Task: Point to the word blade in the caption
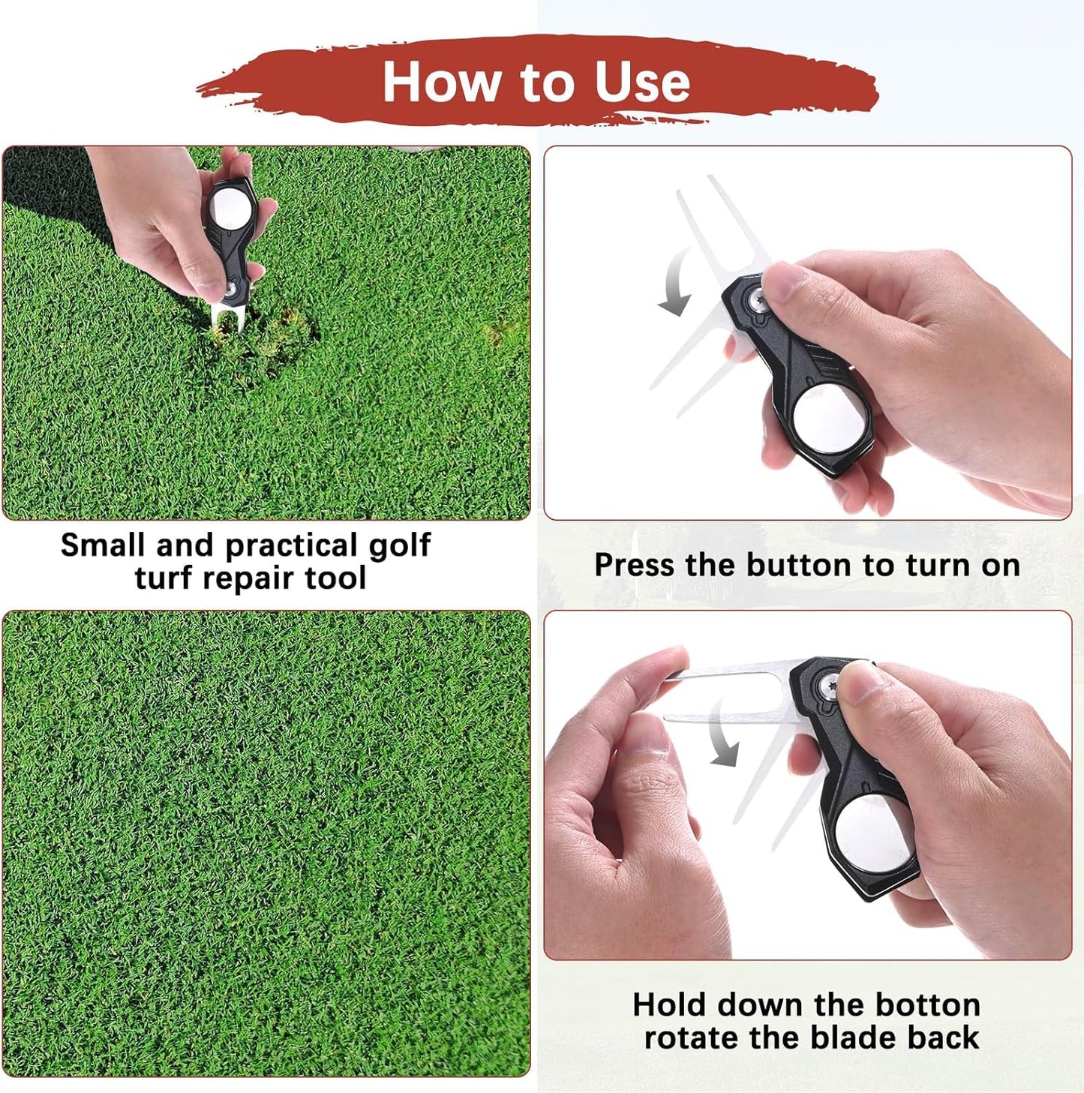pos(855,1037)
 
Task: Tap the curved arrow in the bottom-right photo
pos(722,735)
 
